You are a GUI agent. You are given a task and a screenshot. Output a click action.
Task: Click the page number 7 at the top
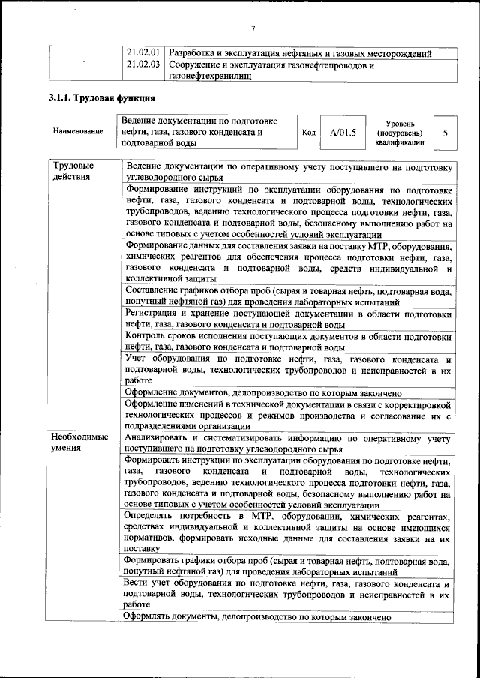253,28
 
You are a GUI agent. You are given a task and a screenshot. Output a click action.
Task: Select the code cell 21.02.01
142,54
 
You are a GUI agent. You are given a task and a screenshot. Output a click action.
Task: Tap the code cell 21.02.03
142,65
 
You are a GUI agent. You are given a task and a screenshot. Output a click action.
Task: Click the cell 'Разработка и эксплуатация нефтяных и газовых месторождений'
299,54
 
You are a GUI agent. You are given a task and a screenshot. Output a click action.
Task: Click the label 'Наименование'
78,132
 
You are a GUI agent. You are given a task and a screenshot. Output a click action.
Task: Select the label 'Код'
308,133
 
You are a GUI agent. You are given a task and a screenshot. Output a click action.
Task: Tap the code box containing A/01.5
342,133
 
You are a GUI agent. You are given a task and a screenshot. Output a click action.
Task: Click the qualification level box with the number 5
445,132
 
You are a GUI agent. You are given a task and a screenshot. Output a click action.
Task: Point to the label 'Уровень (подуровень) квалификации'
405,133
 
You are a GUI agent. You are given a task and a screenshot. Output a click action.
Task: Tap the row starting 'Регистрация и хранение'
288,318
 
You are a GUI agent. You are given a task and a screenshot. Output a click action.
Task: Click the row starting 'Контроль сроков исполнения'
288,341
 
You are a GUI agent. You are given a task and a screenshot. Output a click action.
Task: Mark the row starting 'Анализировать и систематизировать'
288,442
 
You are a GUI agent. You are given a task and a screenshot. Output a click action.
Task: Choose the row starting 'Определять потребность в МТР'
288,532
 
